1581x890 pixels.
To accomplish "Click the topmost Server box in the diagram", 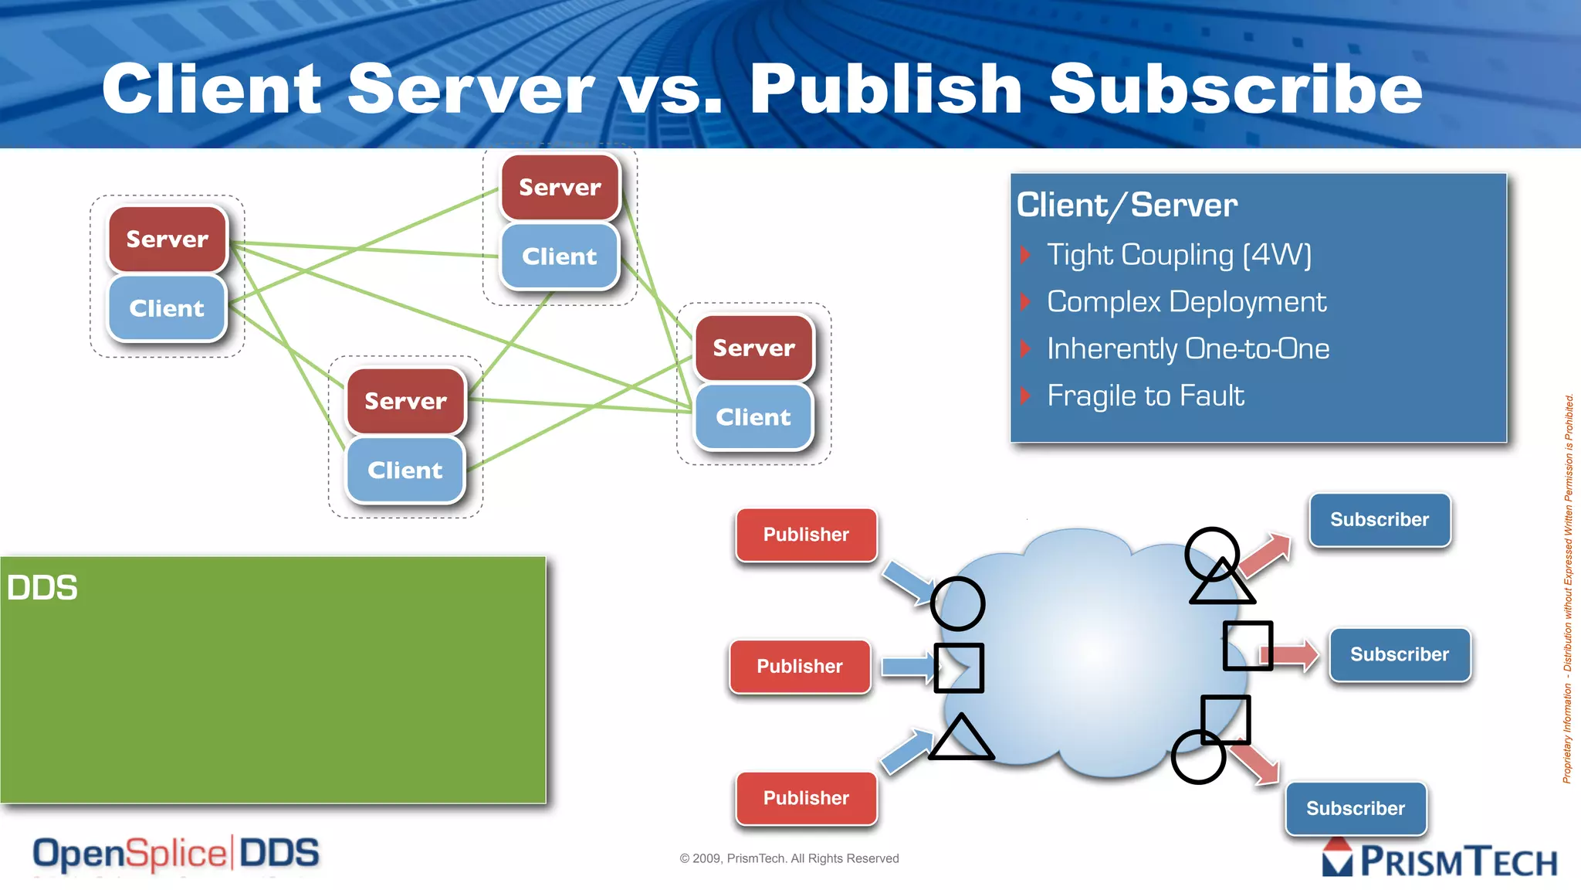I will tap(560, 187).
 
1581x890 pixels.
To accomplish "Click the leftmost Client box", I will tap(167, 308).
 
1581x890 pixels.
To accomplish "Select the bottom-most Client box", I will tap(405, 470).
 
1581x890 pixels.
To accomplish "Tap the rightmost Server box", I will tap(753, 348).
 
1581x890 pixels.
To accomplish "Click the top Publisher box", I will tap(806, 535).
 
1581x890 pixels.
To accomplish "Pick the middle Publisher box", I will tap(800, 666).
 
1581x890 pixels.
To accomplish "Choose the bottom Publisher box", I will tap(806, 798).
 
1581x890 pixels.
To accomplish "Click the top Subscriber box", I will tap(1380, 520).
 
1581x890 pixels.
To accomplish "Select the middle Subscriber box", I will tap(1400, 654).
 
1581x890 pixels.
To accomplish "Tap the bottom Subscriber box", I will tap(1356, 808).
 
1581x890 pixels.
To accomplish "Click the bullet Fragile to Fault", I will tap(1145, 396).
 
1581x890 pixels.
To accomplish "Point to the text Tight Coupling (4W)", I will tap(1178, 255).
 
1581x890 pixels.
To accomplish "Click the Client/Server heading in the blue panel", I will tap(1127, 206).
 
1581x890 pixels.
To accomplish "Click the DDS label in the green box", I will tap(42, 588).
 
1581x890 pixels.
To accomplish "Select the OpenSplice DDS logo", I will tap(176, 854).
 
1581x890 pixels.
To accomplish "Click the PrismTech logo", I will tap(1441, 860).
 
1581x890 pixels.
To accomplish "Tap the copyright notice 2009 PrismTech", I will tap(789, 858).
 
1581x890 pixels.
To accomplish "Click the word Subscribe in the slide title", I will tap(1235, 90).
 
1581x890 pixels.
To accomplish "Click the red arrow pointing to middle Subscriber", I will tap(1295, 655).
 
